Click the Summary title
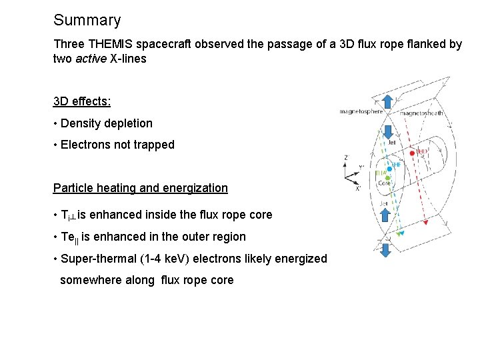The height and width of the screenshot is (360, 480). pyautogui.click(x=87, y=21)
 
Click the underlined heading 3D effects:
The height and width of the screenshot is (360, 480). pyautogui.click(x=82, y=101)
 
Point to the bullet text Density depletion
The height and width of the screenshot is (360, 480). pyautogui.click(x=106, y=123)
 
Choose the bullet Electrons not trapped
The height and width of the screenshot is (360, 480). pyautogui.click(x=117, y=145)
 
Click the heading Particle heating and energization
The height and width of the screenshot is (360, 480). pyautogui.click(x=140, y=188)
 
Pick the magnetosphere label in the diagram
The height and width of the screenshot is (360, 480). pyautogui.click(x=361, y=111)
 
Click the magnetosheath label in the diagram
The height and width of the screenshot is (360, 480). pyautogui.click(x=422, y=113)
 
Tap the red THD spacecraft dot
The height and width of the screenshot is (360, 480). pyautogui.click(x=412, y=153)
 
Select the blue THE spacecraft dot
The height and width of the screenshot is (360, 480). pyautogui.click(x=389, y=169)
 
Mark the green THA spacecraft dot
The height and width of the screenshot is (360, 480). pyautogui.click(x=388, y=178)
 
